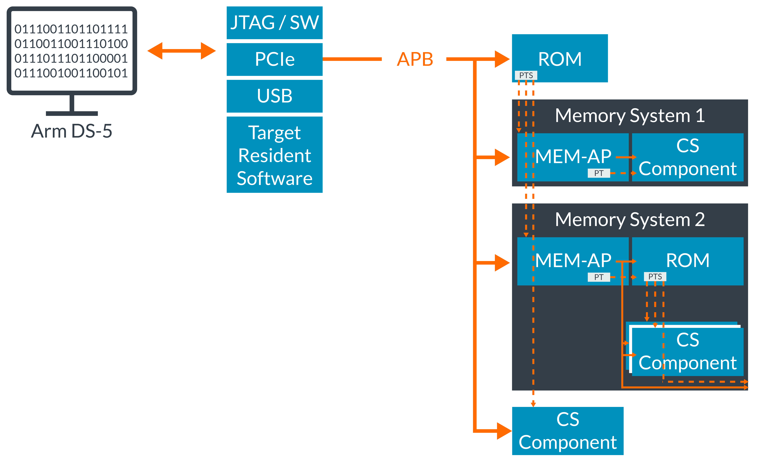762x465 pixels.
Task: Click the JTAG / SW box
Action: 275,23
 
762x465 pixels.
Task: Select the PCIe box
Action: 275,59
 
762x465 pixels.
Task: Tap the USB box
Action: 275,96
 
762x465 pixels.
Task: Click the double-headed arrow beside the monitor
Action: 182,51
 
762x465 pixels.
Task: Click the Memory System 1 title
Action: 630,116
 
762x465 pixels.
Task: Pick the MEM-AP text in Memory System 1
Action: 573,156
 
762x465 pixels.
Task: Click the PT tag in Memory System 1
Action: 599,173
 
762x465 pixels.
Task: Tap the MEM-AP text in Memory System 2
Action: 573,260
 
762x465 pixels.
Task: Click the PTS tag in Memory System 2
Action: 655,277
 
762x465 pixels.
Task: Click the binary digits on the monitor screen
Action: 71,51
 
